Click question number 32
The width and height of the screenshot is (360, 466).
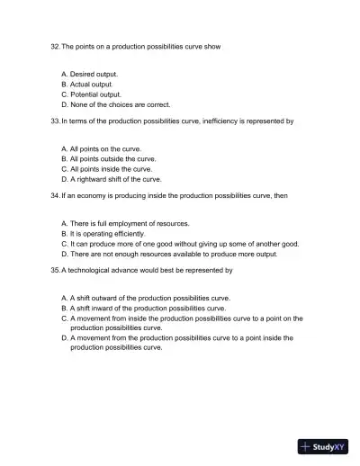click(x=55, y=46)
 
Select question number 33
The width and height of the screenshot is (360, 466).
click(x=55, y=120)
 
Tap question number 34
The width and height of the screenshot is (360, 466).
click(x=55, y=194)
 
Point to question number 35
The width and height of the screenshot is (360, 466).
click(x=55, y=269)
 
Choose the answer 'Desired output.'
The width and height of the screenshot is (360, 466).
click(x=94, y=73)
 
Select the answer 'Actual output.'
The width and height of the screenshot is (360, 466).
click(x=91, y=84)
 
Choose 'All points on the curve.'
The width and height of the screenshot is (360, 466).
click(x=104, y=148)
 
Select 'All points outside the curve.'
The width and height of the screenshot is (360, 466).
click(x=112, y=157)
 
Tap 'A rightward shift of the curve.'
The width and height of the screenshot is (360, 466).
click(x=115, y=179)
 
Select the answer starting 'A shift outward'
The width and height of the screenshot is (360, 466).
click(x=149, y=297)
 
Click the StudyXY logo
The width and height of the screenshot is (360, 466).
click(x=323, y=444)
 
